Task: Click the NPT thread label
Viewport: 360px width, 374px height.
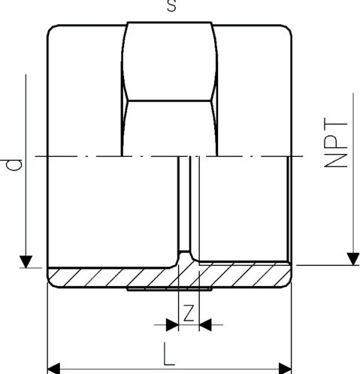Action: (x=336, y=143)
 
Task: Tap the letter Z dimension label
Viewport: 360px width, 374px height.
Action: (x=189, y=313)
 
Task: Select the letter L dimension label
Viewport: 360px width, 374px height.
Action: (x=169, y=354)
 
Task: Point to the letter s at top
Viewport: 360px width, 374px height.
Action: (x=171, y=5)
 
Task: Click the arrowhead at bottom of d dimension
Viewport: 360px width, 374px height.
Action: (x=26, y=261)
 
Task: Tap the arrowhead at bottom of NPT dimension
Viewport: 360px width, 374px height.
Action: (x=353, y=259)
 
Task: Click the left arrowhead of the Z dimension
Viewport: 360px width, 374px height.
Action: (x=172, y=324)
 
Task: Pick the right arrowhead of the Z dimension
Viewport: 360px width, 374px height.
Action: (x=205, y=324)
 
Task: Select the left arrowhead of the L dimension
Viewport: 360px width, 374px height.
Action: (x=53, y=369)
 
